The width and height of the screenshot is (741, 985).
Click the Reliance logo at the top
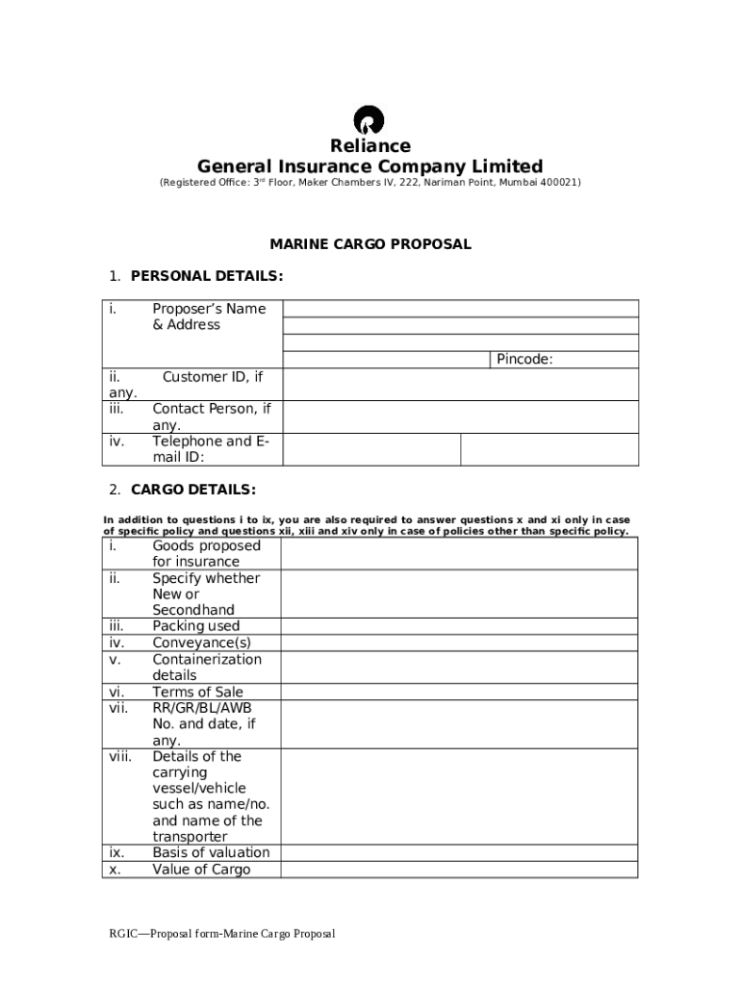370,120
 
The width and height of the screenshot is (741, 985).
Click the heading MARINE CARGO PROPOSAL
370,244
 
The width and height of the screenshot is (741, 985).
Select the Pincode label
524,360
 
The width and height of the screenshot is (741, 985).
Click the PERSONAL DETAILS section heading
206,277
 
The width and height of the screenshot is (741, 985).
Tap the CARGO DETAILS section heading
192,490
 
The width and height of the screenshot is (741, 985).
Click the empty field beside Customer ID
459,384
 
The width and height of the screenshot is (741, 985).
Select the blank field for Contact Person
459,417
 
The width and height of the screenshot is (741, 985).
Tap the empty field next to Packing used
459,626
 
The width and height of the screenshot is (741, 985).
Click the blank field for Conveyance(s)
459,643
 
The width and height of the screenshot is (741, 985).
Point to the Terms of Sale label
197,692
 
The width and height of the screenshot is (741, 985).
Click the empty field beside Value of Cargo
459,870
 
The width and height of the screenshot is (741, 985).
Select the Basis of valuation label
211,852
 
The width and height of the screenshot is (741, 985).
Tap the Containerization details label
206,667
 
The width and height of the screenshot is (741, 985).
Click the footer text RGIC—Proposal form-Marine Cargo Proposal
221,934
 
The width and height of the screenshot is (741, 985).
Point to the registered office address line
370,183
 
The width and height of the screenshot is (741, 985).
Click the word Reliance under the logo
370,146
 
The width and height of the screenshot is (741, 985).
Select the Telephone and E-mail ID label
210,449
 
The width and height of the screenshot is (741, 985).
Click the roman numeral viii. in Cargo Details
120,756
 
